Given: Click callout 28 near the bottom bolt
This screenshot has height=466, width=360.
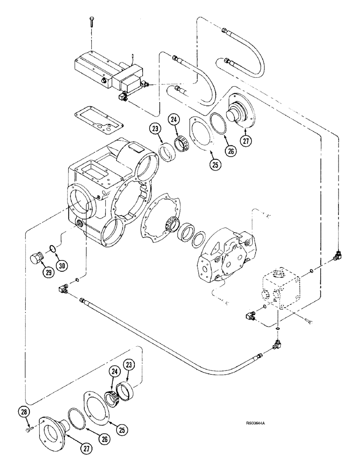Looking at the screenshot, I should (x=25, y=412).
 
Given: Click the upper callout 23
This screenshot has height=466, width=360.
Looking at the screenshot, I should (x=156, y=129).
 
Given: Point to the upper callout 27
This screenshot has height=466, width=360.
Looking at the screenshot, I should (x=245, y=140).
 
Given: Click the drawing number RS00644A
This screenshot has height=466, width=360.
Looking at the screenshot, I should (x=256, y=423).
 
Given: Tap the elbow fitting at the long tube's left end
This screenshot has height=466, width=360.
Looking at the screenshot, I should (x=61, y=288).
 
